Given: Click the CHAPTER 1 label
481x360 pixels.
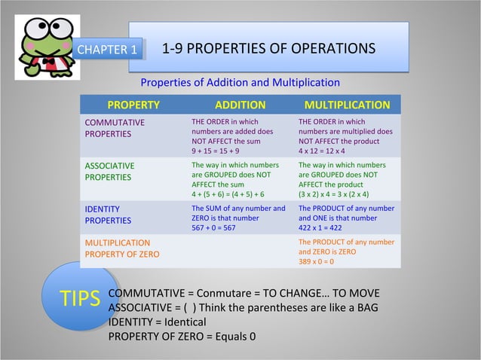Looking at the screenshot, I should pos(108,50).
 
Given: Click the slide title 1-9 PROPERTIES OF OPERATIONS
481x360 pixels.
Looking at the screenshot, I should pos(268,49).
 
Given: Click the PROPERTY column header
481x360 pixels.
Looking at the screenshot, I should pos(133,105).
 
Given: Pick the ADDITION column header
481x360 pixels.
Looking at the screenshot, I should pos(240,105).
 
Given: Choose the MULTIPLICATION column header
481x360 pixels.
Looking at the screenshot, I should pos(347,105).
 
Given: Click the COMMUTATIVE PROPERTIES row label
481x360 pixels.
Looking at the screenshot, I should pos(115,128).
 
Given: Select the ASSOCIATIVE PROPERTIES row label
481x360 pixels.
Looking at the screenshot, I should pos(110,171).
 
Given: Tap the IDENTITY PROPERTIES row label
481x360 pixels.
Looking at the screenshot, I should pos(108,215).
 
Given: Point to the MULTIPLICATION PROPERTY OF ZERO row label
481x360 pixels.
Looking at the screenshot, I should pos(121,249).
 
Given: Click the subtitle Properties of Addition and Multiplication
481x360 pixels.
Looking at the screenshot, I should pos(240,82).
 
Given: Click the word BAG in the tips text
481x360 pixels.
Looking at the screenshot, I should pos(365,307).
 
